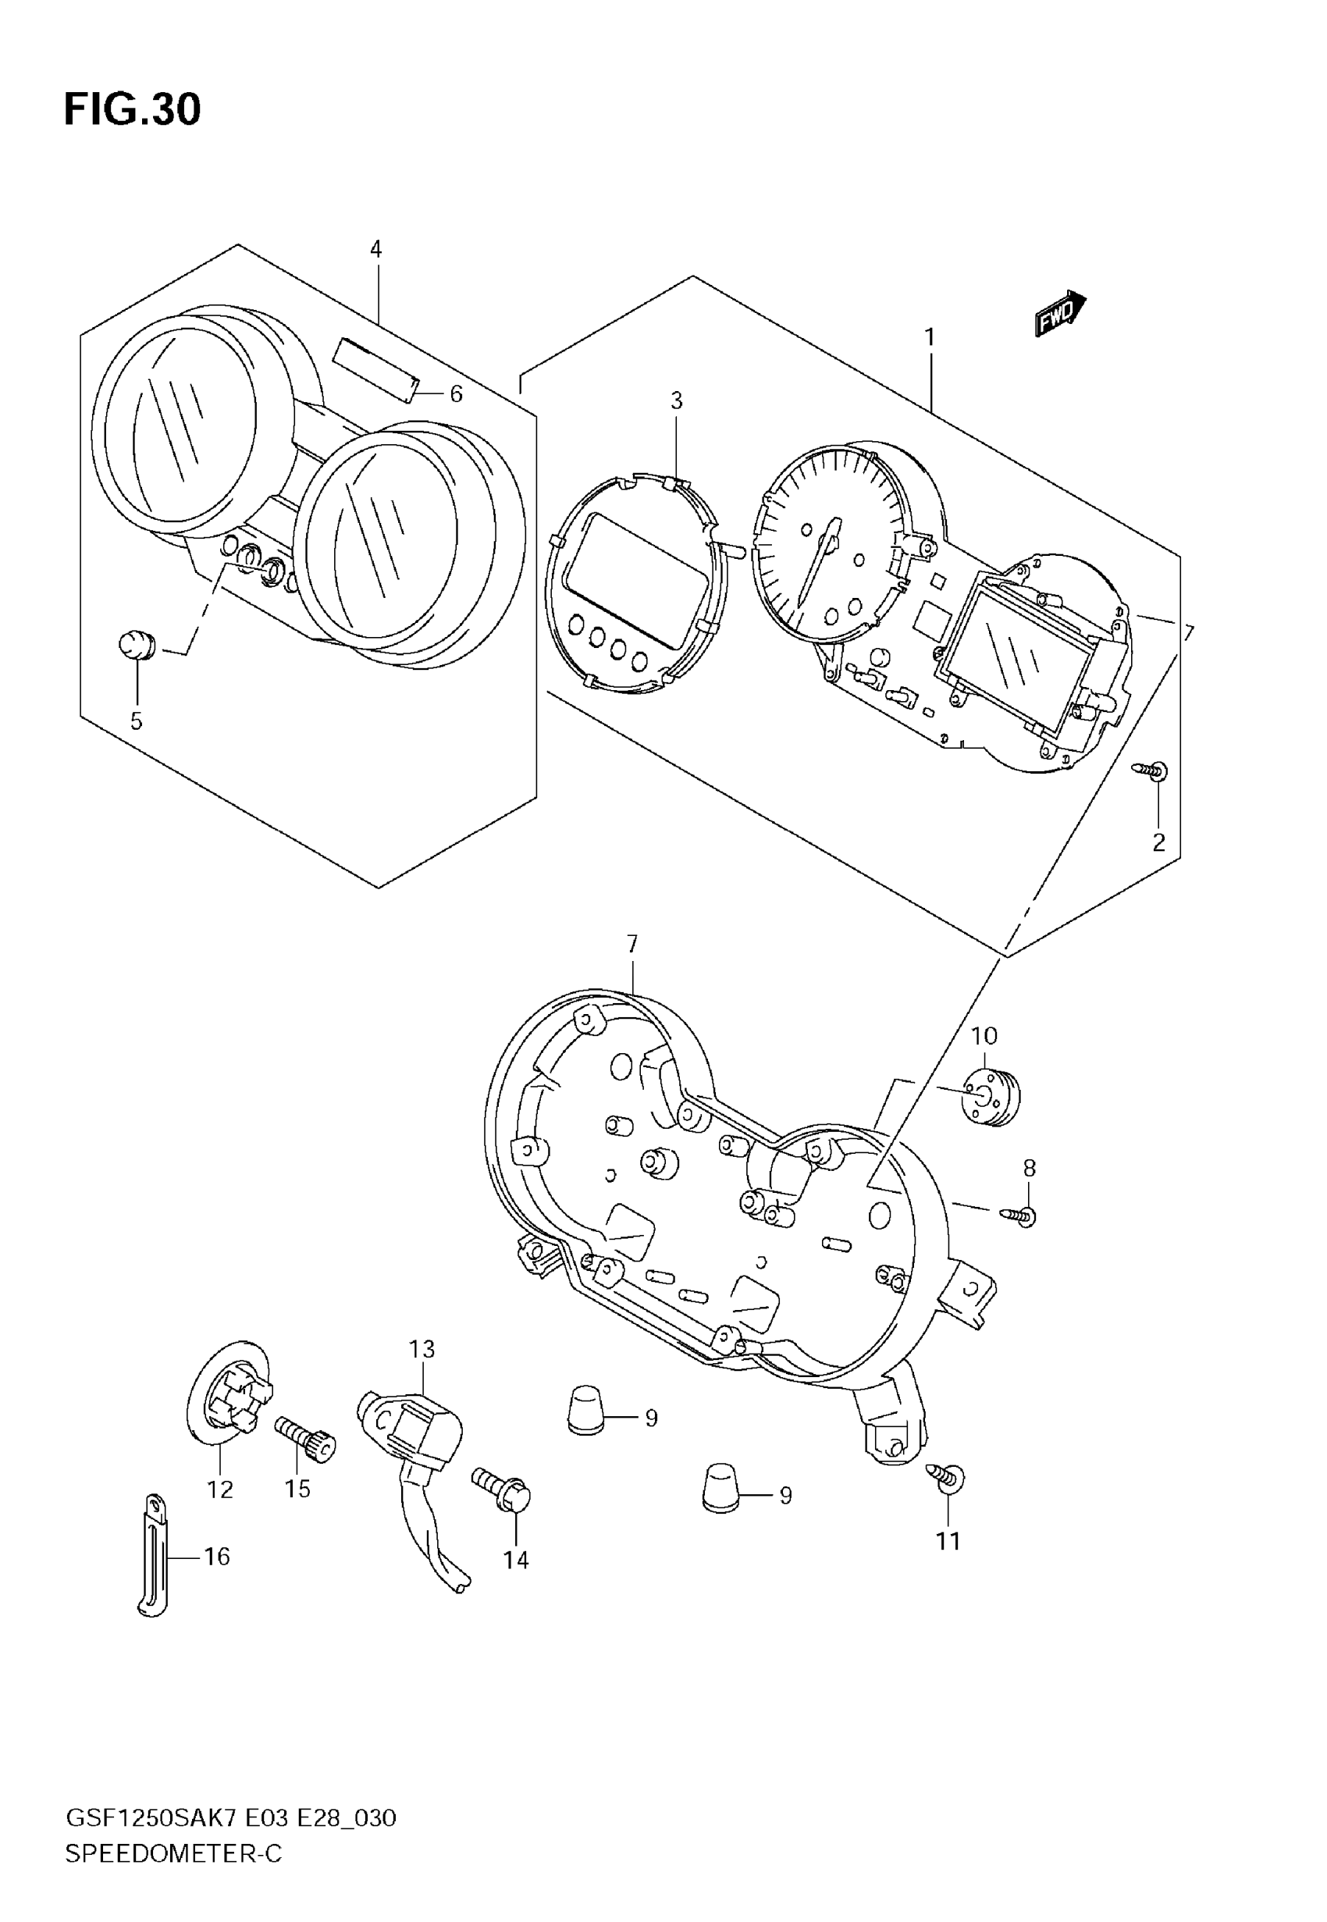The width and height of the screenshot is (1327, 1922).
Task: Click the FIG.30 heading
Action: point(132,110)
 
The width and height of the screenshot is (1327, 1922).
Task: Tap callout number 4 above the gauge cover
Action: point(375,248)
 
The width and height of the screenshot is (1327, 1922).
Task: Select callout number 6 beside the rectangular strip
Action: point(456,394)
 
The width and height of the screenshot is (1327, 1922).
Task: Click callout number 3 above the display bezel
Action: point(676,400)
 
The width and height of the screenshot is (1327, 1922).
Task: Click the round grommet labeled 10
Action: point(990,1098)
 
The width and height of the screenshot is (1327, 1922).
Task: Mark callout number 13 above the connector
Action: point(422,1349)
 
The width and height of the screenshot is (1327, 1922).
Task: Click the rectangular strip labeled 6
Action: point(375,370)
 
